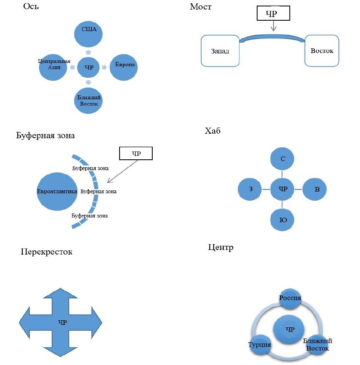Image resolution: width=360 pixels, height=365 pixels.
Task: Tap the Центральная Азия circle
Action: pyautogui.click(x=54, y=67)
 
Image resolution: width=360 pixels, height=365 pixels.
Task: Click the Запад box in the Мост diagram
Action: pyautogui.click(x=220, y=51)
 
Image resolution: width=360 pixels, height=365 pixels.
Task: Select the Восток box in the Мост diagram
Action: pyautogui.click(x=322, y=51)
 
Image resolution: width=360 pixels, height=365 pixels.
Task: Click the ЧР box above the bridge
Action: pyautogui.click(x=273, y=14)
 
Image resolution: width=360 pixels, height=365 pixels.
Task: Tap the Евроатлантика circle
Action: pyautogui.click(x=57, y=192)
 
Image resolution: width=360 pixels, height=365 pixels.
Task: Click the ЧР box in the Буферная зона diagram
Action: pyautogui.click(x=136, y=154)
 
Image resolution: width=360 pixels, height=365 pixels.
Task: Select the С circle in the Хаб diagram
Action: pyautogui.click(x=282, y=158)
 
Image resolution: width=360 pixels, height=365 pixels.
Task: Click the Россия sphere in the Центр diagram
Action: pyautogui.click(x=290, y=298)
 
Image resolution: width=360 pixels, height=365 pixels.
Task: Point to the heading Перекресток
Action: pyautogui.click(x=46, y=252)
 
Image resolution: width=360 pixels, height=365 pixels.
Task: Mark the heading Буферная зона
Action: pyautogui.click(x=46, y=136)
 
